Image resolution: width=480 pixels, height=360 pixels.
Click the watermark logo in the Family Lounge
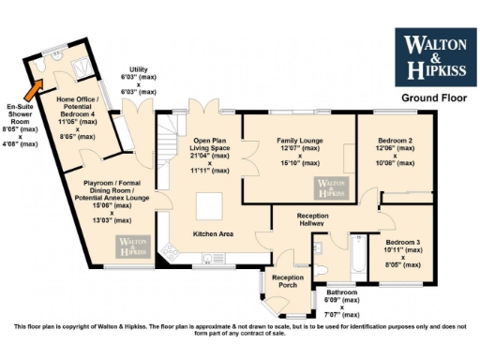(332, 187)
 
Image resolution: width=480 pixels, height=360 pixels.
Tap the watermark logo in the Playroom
(133, 246)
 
